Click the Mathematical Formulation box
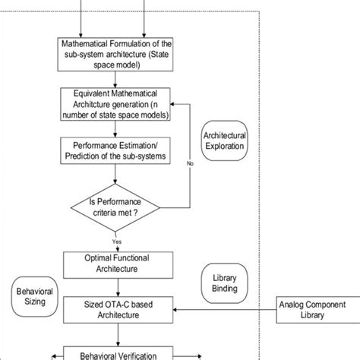pyautogui.click(x=115, y=55)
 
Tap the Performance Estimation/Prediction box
pyautogui.click(x=115, y=149)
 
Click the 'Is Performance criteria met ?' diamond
pyautogui.click(x=115, y=207)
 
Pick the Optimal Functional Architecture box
pyautogui.click(x=115, y=263)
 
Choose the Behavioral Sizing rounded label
pyautogui.click(x=31, y=297)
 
